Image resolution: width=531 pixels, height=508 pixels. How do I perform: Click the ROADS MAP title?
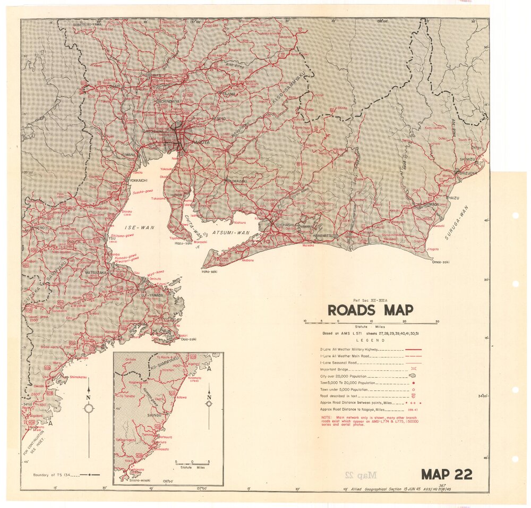click(x=370, y=310)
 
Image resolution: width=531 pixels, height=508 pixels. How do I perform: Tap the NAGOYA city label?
click(x=193, y=142)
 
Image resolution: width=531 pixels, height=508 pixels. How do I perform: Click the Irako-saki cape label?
click(x=210, y=272)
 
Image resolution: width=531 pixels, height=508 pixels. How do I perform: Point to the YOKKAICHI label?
click(x=138, y=181)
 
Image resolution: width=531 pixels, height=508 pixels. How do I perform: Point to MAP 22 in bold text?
click(x=447, y=474)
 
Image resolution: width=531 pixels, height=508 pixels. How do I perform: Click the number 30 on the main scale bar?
click(x=437, y=321)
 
